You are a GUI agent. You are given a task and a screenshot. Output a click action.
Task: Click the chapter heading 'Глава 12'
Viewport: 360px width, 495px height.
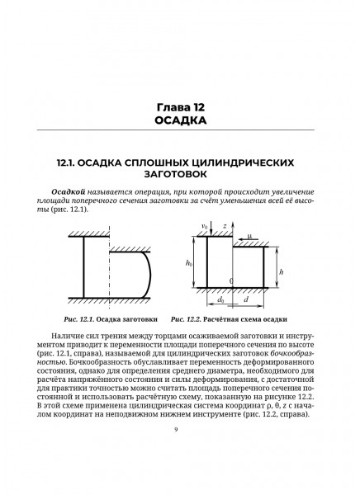[179, 107]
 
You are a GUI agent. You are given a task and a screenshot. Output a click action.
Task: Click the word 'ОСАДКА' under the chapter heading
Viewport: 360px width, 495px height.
[179, 122]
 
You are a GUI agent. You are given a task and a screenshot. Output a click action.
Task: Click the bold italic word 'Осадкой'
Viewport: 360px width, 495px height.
[69, 191]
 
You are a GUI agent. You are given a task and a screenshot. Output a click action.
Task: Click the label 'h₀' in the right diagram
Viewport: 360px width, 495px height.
[190, 263]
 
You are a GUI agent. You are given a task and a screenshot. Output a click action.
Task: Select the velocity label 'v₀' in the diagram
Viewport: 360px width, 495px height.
[203, 225]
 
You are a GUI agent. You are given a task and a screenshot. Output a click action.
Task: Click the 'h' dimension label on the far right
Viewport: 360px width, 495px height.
[282, 271]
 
